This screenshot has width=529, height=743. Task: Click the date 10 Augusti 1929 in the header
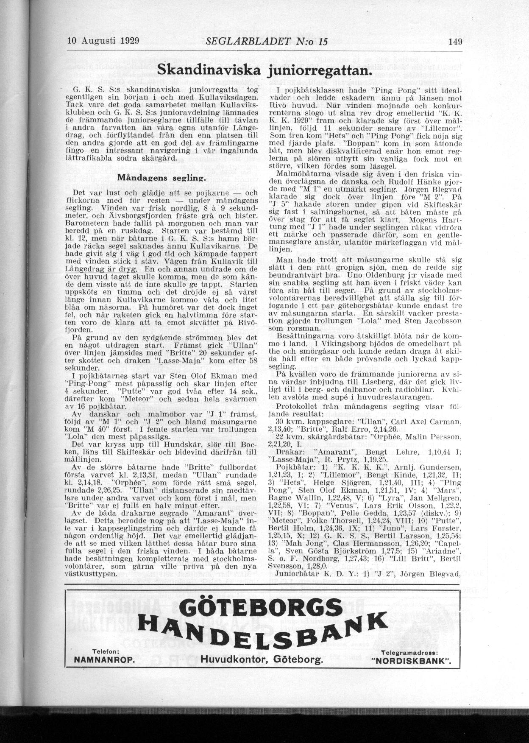click(104, 41)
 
